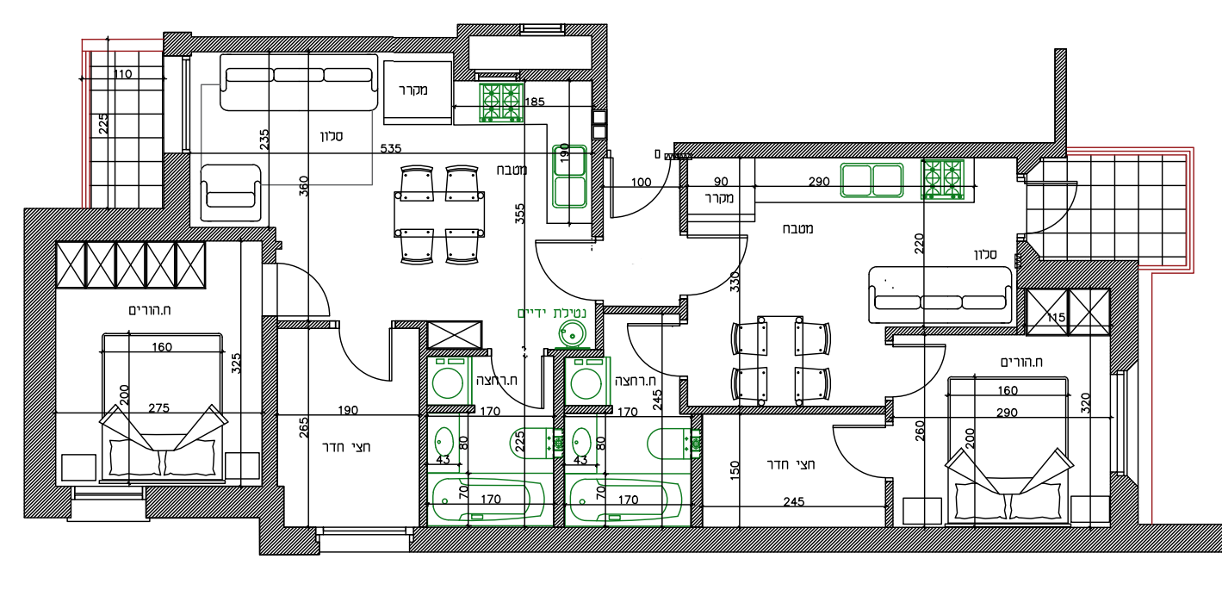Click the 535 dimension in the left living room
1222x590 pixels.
(391, 148)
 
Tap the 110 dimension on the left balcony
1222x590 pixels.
(123, 74)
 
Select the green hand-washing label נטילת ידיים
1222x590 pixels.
(551, 314)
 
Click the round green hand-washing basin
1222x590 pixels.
(572, 333)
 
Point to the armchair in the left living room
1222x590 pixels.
(231, 193)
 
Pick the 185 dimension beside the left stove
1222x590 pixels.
(535, 102)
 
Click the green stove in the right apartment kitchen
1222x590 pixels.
(943, 179)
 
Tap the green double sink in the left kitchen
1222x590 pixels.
(569, 177)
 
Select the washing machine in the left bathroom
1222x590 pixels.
(449, 381)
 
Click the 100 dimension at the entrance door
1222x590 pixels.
(641, 183)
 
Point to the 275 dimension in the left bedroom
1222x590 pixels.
(158, 407)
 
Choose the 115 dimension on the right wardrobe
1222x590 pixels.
(1056, 317)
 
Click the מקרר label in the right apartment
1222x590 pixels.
(720, 198)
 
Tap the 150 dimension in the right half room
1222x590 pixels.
(735, 470)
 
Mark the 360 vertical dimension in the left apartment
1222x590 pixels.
(304, 186)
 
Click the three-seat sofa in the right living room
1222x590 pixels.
(940, 295)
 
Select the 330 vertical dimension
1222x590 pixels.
(735, 282)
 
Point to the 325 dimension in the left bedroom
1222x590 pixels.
(236, 363)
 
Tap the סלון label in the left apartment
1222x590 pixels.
(332, 136)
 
